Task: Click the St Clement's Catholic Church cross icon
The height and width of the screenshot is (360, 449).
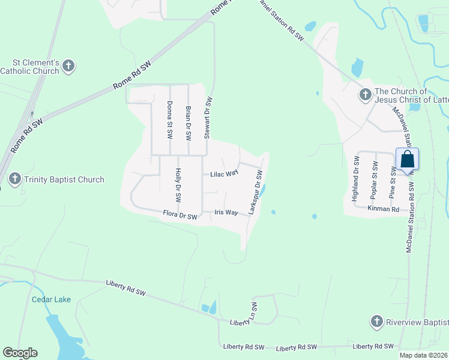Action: coord(68,65)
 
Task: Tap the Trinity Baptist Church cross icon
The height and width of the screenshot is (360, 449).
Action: coord(15,179)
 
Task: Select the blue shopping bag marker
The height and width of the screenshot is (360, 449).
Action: coord(407,160)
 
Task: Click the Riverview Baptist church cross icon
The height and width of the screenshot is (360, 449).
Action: coord(377,322)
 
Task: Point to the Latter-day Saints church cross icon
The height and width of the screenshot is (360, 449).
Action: coord(364,95)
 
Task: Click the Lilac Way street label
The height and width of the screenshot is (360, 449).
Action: coord(224,173)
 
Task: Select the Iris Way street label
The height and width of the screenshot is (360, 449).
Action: coord(227,212)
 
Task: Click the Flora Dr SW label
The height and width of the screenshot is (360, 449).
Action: coord(180,214)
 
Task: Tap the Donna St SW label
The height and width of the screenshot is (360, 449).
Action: coord(170,121)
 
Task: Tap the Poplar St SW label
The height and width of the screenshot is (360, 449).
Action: coord(373,179)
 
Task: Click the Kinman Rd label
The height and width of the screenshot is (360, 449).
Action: coord(384,209)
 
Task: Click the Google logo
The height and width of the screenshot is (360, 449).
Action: coord(20,353)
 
